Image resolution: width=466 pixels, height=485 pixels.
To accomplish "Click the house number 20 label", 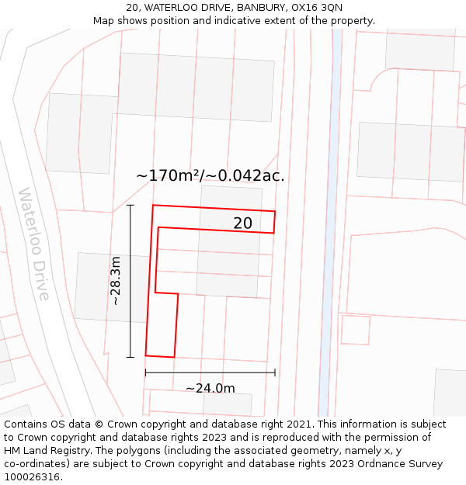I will coord(242,223).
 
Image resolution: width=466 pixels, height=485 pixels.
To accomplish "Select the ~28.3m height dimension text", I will coord(115,281).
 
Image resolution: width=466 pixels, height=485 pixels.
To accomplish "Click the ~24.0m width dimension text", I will coord(210,388).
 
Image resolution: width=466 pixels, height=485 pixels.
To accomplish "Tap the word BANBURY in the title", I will coord(261,8).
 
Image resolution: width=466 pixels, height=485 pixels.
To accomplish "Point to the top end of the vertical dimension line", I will coord(130,205).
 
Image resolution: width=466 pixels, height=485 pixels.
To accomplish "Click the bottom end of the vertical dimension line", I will coord(130,357).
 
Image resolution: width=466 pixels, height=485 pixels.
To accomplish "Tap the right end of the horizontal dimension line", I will coord(275,372).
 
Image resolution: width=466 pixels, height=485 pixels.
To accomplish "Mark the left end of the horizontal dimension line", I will coord(145,372).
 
